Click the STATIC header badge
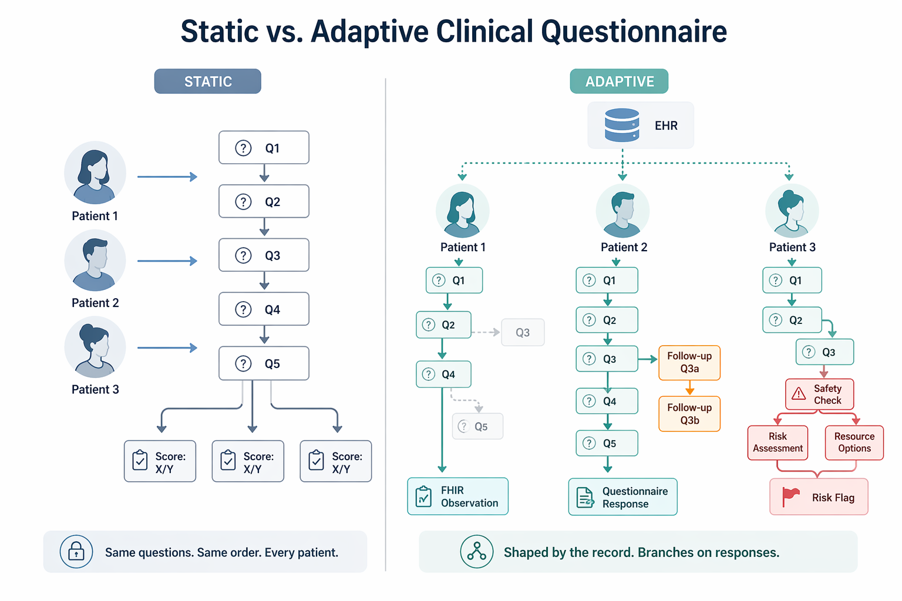pyautogui.click(x=207, y=82)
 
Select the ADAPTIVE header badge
pyautogui.click(x=619, y=82)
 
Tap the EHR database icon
pyautogui.click(x=622, y=125)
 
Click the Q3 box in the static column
pyautogui.click(x=264, y=255)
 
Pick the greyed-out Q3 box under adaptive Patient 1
pyautogui.click(x=523, y=332)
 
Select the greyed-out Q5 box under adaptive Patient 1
pyautogui.click(x=477, y=427)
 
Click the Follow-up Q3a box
pyautogui.click(x=689, y=363)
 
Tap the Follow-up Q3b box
pyautogui.click(x=689, y=414)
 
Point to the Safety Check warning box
pyautogui.click(x=819, y=394)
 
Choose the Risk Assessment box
pyautogui.click(x=778, y=443)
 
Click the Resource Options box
pyautogui.click(x=854, y=443)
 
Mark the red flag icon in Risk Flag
pyautogui.click(x=790, y=497)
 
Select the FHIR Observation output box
pyautogui.click(x=457, y=497)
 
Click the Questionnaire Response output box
pyautogui.click(x=622, y=497)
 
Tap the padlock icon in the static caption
pyautogui.click(x=76, y=552)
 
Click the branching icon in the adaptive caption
pyautogui.click(x=476, y=552)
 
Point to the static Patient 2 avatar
pyautogui.click(x=95, y=261)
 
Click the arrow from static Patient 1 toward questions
pyautogui.click(x=167, y=177)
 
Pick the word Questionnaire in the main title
pyautogui.click(x=634, y=32)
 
